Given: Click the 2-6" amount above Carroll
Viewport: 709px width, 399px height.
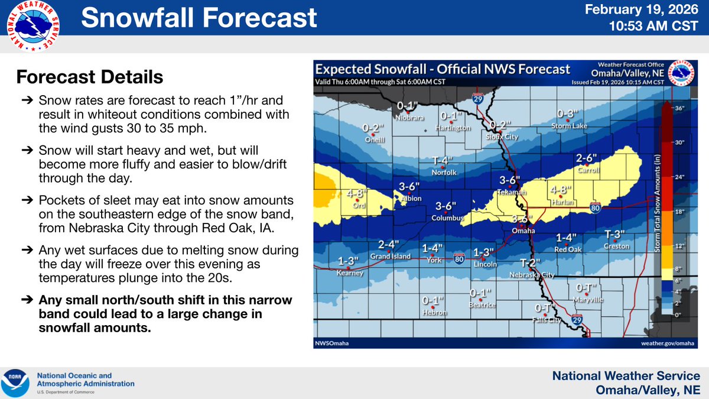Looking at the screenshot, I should pyautogui.click(x=587, y=158).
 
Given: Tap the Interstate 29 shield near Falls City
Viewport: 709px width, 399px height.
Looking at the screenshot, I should pyautogui.click(x=577, y=320).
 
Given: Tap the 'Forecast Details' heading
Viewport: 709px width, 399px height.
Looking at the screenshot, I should pyautogui.click(x=89, y=77).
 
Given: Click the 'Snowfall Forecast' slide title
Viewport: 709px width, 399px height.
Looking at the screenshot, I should pyautogui.click(x=199, y=18).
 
